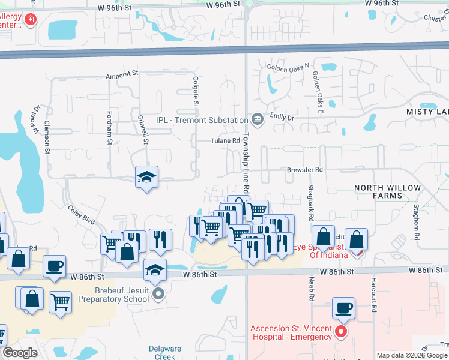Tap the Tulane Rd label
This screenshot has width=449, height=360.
224,141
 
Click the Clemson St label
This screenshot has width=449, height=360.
47,137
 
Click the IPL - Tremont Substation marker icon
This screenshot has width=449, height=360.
257,120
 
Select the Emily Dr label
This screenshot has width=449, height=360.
282,117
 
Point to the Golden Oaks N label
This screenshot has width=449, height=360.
288,67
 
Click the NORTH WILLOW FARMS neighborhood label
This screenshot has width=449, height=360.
387,191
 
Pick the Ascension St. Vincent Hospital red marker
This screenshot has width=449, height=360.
341,331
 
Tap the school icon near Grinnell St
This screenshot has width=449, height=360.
146,177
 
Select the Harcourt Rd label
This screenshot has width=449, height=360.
373,299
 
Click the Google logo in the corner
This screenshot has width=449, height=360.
20,353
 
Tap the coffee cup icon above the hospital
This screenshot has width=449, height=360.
344,308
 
